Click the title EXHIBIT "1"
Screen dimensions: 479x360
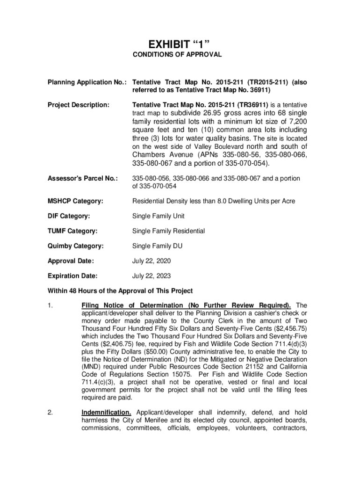point(180,44)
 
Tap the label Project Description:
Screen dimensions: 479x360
point(79,105)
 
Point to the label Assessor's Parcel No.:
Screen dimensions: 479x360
point(82,179)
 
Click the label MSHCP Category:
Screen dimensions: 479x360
point(75,201)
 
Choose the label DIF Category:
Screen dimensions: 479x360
point(68,216)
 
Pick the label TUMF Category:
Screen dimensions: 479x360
point(72,231)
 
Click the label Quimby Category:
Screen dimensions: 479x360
point(76,246)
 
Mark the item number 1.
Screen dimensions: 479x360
point(50,306)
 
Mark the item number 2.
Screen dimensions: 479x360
point(50,413)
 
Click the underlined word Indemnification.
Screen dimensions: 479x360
point(108,413)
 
